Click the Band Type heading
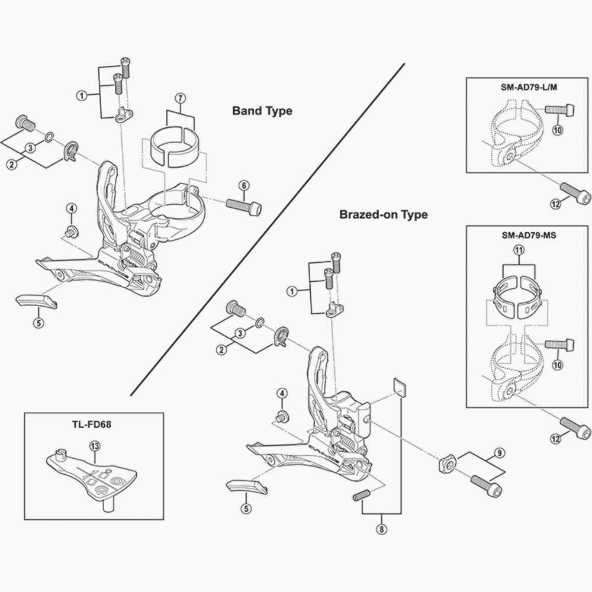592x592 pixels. pos(262,111)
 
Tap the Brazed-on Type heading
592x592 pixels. pos(383,214)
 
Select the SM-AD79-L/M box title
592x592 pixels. pos(529,88)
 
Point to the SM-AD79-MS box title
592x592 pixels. pos(529,234)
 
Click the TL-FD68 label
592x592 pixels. pos(94,424)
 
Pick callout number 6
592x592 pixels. pos(244,186)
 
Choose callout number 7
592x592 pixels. pos(181,98)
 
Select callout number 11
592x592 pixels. pos(519,251)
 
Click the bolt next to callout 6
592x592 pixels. pos(243,207)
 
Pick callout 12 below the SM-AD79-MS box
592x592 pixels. pos(555,439)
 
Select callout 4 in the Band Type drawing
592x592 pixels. pos(71,208)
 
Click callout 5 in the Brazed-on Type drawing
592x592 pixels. pos(246,507)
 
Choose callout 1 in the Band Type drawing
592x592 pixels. pos(81,95)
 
